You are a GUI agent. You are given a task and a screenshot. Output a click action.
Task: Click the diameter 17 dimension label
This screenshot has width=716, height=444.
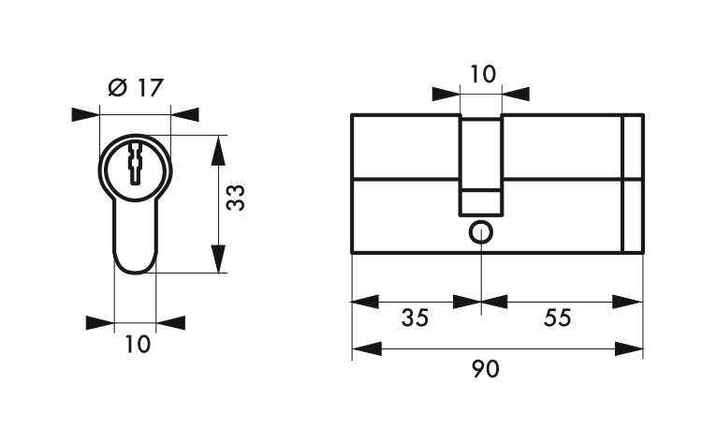click(x=136, y=88)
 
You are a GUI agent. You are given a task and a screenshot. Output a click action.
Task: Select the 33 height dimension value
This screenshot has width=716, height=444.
click(x=236, y=198)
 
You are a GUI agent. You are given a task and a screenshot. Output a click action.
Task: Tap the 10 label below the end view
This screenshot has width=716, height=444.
click(x=138, y=344)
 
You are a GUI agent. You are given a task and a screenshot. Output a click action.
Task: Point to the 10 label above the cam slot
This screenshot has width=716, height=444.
click(x=482, y=74)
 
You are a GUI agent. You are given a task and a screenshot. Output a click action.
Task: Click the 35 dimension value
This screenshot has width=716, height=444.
click(x=415, y=318)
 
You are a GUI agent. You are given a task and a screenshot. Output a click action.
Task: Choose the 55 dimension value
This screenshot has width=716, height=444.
click(x=558, y=318)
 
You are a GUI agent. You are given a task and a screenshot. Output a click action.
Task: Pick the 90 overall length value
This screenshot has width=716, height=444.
click(x=486, y=369)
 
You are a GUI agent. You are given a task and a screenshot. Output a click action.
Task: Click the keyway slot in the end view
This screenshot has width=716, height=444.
click(x=136, y=164)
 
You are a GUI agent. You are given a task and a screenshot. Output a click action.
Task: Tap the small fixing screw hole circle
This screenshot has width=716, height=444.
click(x=481, y=232)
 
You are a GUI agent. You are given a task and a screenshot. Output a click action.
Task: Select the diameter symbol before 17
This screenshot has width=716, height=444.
click(x=118, y=88)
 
